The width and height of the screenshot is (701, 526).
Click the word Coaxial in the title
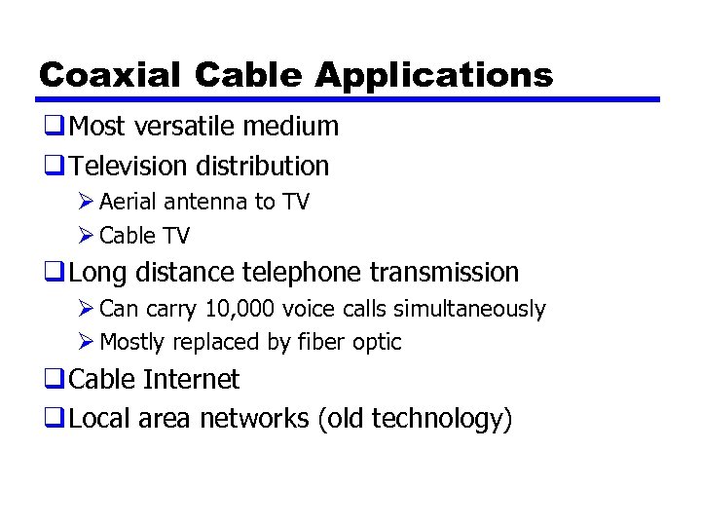109,75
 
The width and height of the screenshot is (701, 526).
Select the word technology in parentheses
444,419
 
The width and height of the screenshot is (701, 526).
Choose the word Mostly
133,342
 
